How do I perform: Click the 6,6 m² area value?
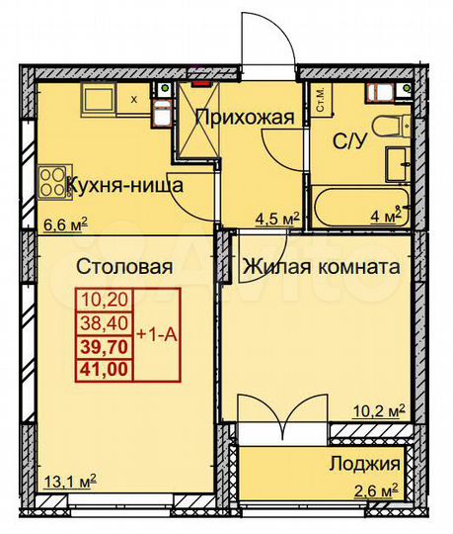[64, 223]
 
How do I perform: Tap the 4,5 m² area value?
[275, 220]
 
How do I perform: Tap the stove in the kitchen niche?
[49, 180]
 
